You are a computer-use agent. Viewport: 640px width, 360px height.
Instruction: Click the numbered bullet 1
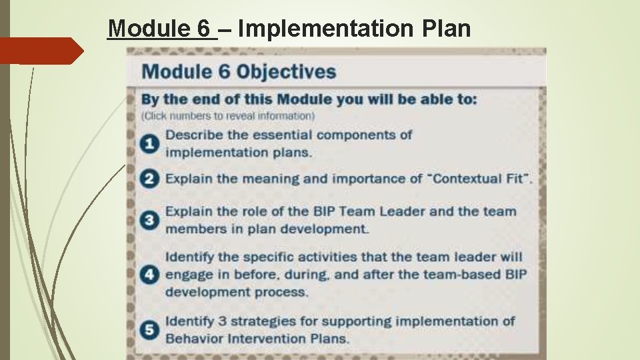point(151,143)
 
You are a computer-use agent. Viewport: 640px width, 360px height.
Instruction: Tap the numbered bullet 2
point(151,179)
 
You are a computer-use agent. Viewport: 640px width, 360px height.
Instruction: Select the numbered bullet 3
point(151,220)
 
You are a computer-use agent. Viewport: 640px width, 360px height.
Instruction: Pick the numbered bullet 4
point(151,274)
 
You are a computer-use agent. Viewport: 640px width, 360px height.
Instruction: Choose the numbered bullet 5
point(151,329)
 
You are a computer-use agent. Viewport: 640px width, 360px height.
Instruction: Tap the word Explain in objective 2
point(189,179)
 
